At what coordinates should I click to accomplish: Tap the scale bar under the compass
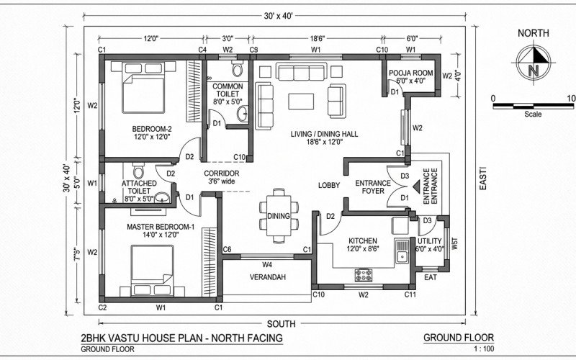point(532,105)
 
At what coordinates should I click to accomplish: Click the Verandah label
point(267,277)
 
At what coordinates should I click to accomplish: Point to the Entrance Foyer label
point(373,187)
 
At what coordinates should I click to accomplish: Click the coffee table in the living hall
point(302,100)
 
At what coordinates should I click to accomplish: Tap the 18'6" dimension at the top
point(315,38)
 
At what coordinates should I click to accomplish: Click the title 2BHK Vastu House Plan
point(181,338)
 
